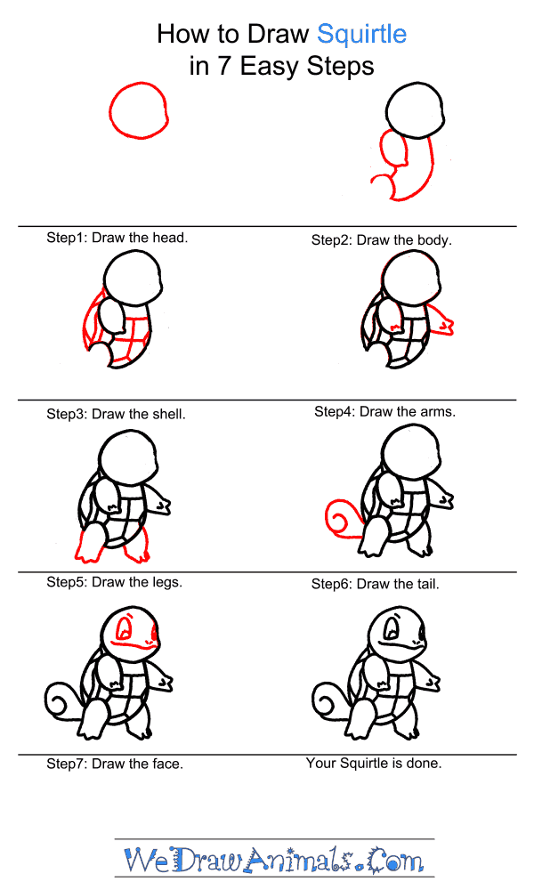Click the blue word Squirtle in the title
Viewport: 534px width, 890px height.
click(361, 35)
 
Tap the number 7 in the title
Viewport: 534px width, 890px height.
click(224, 66)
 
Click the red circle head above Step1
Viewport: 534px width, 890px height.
click(139, 110)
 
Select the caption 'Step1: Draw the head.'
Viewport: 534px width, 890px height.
click(117, 238)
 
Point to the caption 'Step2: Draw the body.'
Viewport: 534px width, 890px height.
click(381, 240)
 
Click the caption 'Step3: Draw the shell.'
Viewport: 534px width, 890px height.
click(116, 415)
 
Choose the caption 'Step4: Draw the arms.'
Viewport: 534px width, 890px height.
click(384, 411)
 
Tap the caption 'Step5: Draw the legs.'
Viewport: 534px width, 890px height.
click(114, 582)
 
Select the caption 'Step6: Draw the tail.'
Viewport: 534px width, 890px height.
click(375, 584)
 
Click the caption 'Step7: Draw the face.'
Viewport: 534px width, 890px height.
click(115, 764)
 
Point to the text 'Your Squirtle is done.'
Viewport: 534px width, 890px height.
click(374, 764)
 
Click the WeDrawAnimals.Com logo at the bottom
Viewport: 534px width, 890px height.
click(274, 859)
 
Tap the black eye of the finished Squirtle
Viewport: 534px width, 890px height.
click(391, 629)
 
